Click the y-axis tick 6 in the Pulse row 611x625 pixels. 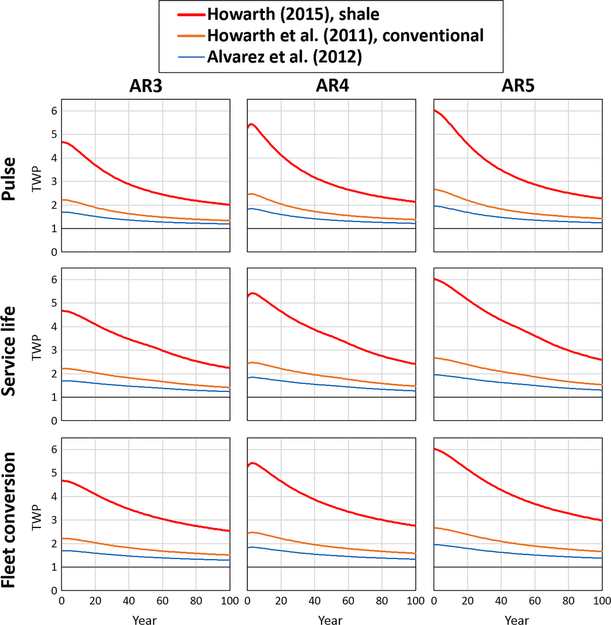click(55, 111)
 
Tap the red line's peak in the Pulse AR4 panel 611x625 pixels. click(252, 124)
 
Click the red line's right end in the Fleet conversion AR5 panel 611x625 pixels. click(601, 521)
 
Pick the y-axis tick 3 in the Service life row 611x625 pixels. click(55, 350)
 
